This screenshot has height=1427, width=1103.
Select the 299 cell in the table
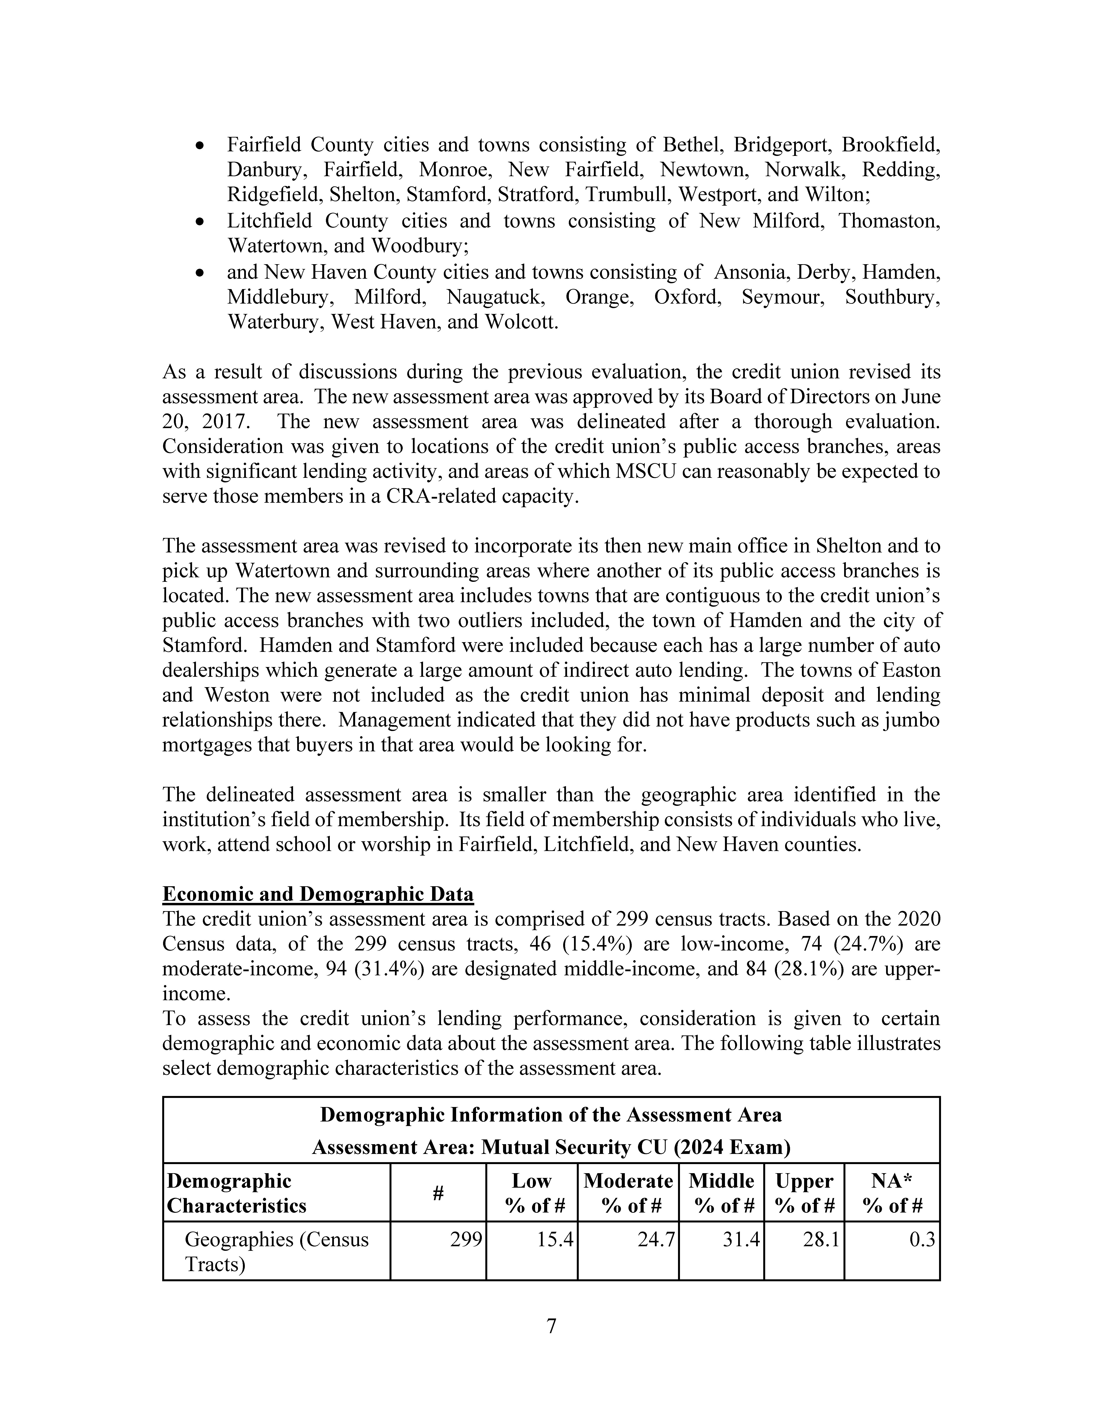[x=466, y=1240]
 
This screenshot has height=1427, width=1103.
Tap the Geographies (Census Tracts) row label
[x=276, y=1252]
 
